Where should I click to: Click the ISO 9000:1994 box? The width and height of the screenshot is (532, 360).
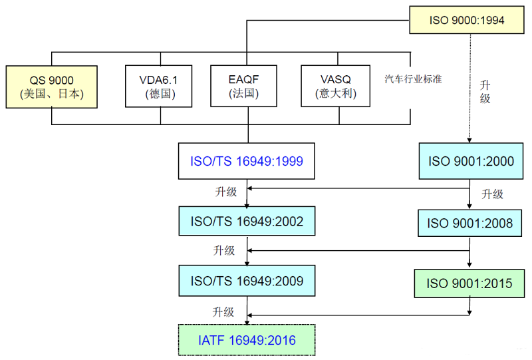click(x=466, y=20)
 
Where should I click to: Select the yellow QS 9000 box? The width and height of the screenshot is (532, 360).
click(x=51, y=86)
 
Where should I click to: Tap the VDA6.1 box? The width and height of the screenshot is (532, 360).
click(x=160, y=86)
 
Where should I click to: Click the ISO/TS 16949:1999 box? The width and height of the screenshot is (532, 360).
click(x=247, y=160)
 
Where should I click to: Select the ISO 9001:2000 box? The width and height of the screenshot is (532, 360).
click(x=470, y=160)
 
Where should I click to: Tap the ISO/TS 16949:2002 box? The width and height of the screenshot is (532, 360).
click(x=247, y=221)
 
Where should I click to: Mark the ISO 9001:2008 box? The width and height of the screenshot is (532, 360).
click(x=470, y=223)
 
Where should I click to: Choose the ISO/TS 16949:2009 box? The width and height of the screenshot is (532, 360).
click(x=247, y=281)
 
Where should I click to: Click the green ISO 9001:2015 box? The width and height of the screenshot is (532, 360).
click(x=470, y=283)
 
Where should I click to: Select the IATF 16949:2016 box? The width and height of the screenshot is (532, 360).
click(x=247, y=340)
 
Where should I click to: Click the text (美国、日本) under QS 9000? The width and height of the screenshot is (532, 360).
click(x=51, y=94)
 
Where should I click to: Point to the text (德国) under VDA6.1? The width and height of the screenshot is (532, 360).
click(x=160, y=94)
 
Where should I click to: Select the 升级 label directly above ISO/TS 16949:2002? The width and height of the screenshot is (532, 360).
click(x=224, y=192)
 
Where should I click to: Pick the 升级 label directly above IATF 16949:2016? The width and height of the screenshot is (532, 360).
click(x=223, y=311)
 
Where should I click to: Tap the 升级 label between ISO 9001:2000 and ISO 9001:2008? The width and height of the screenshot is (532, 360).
click(x=492, y=194)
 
